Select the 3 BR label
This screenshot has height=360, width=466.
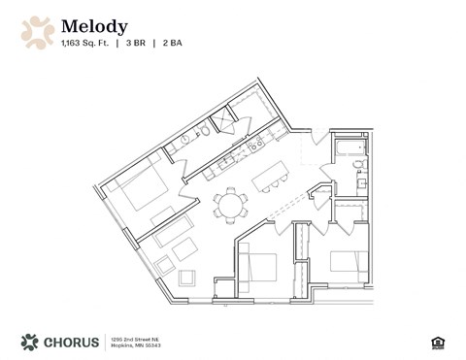click(143, 43)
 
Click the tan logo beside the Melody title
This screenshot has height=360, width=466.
click(38, 32)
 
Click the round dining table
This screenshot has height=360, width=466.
click(231, 204)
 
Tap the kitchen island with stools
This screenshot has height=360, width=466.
click(272, 175)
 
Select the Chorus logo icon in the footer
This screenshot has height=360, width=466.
click(30, 342)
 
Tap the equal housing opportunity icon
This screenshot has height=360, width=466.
click(436, 342)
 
